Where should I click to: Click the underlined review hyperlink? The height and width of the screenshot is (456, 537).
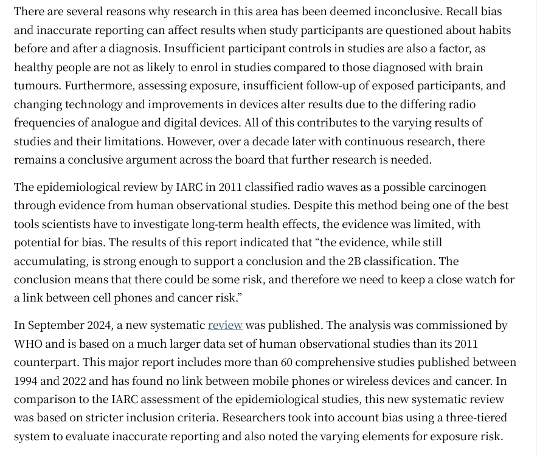[x=225, y=325]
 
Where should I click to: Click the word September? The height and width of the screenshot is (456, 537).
[x=58, y=325]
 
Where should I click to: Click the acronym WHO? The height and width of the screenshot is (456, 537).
[x=28, y=344]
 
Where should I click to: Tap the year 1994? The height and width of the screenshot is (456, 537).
[x=27, y=381]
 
